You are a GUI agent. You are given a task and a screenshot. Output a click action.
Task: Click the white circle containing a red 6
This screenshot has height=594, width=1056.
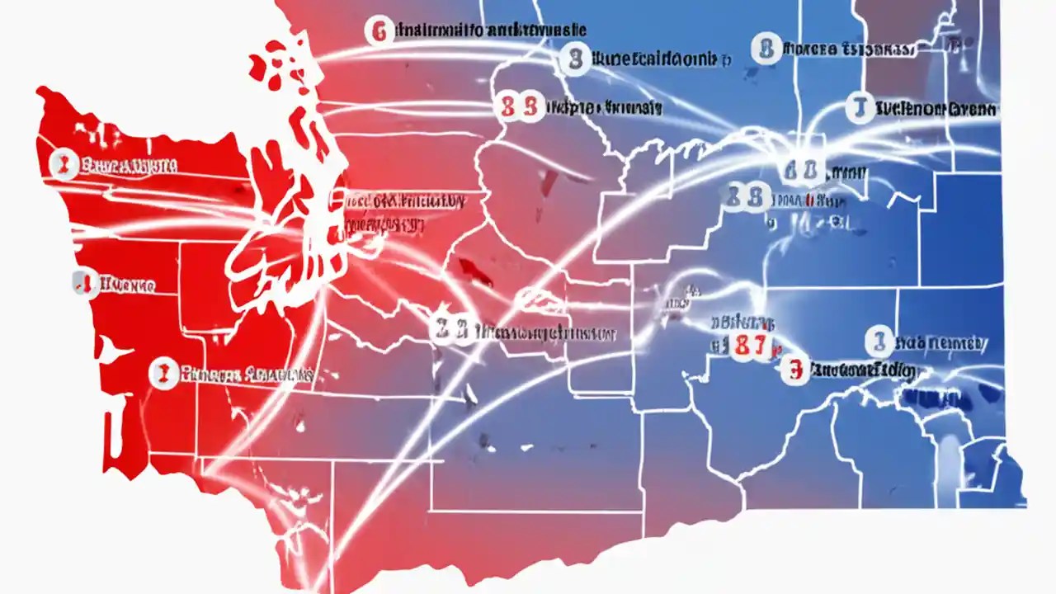379,31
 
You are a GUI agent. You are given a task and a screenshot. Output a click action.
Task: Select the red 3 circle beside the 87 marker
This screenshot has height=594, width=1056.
794,370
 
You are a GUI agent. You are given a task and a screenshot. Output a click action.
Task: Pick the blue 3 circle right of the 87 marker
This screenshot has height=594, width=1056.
879,341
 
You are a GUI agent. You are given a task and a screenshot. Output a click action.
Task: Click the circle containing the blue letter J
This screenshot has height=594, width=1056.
860,108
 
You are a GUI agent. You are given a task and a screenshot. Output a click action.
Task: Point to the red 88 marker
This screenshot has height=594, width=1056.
519,107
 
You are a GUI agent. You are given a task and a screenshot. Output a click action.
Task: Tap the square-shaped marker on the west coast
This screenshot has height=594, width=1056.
81,285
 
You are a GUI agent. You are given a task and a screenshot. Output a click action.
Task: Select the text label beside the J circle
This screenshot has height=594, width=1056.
936,109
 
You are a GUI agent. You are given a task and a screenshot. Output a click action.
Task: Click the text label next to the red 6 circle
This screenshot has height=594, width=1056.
491,31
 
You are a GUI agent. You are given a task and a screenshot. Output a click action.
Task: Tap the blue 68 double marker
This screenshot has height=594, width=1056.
800,171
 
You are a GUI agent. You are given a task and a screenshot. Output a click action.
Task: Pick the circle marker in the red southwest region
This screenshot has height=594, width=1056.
163,374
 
